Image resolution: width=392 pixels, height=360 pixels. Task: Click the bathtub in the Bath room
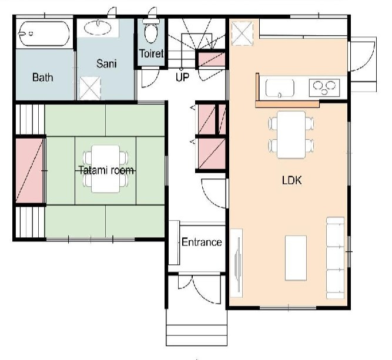click(x=43, y=33)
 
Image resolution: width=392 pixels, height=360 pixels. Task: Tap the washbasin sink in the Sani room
click(x=98, y=28)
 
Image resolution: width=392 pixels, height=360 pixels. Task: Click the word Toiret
click(x=151, y=53)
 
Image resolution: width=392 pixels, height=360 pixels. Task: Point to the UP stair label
click(x=182, y=77)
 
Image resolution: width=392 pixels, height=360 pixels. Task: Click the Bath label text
click(x=42, y=77)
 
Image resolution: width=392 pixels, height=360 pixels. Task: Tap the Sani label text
click(x=106, y=63)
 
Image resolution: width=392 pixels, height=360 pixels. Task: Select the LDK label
click(x=292, y=180)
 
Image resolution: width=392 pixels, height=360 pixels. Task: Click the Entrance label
click(x=202, y=242)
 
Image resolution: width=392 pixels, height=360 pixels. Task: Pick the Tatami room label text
click(x=106, y=170)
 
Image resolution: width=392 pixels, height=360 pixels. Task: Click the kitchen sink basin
click(x=280, y=88)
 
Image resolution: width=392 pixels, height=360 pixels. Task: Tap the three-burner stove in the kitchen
click(x=324, y=88)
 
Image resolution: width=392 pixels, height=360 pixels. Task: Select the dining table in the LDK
click(x=292, y=134)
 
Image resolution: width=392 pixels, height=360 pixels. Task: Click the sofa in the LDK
click(x=336, y=258)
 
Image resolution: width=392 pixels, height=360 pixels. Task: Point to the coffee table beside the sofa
click(x=296, y=258)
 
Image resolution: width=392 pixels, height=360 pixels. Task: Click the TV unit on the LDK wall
click(x=236, y=263)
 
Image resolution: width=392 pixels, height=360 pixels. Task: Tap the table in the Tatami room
click(x=106, y=169)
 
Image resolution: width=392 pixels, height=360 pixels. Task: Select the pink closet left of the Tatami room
click(x=29, y=170)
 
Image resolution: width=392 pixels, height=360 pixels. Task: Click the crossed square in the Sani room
click(x=90, y=88)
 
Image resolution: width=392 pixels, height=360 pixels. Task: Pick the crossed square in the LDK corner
click(x=242, y=33)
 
